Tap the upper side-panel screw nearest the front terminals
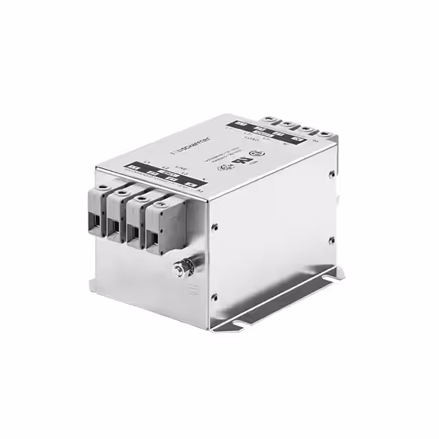click(216, 225)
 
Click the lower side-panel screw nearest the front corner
click(215, 296)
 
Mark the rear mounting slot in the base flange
click(336, 278)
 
